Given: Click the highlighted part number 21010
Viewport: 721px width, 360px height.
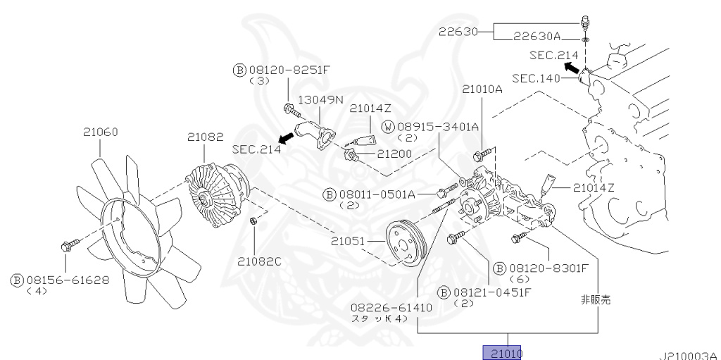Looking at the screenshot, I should [502, 352].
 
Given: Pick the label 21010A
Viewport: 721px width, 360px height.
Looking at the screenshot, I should [482, 89].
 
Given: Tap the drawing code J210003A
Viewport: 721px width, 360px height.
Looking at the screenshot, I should [688, 354].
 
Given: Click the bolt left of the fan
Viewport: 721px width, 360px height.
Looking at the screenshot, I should [68, 246].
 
